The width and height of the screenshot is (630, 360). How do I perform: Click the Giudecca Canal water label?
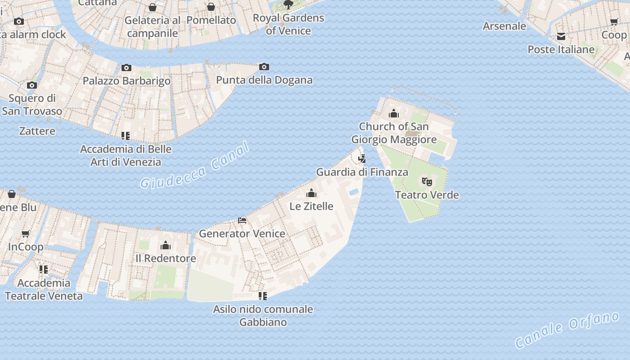tap(194, 165)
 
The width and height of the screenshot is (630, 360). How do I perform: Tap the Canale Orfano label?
tap(567, 330)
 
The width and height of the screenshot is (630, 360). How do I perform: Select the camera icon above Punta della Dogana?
tap(264, 67)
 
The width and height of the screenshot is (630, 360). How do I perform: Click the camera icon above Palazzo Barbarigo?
tap(126, 68)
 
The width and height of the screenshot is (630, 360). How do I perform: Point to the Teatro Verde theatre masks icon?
tap(427, 182)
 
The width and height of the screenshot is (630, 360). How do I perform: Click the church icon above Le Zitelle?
tap(311, 193)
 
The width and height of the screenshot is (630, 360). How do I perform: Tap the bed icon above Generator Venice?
tap(242, 220)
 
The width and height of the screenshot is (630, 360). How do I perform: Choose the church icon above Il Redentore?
tap(166, 245)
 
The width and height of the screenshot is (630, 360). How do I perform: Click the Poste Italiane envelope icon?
tap(561, 36)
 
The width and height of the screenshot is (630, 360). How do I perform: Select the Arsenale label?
tap(504, 26)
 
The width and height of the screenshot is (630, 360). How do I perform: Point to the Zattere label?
tap(37, 131)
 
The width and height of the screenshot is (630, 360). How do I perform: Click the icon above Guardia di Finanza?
tap(362, 159)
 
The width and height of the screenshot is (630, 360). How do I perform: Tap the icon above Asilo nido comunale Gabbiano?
tap(263, 296)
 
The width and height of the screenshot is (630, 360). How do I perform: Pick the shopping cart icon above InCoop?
tap(26, 234)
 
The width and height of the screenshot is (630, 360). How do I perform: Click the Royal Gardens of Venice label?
tap(288, 24)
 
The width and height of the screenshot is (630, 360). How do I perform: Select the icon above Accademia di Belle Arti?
tap(126, 135)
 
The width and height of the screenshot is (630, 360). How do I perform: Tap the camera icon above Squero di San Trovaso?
tap(31, 85)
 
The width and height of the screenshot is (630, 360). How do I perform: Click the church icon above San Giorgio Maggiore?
tap(394, 113)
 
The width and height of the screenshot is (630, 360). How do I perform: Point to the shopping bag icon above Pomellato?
tap(211, 7)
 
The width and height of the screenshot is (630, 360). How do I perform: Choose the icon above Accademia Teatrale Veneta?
tap(44, 270)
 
